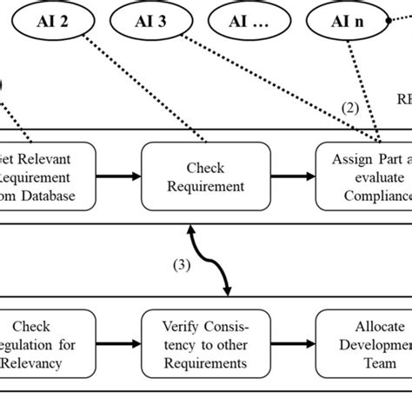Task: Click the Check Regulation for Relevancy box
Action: (x=43, y=344)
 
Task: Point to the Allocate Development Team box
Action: (x=365, y=344)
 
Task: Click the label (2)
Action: (x=349, y=109)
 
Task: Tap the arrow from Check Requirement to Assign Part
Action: (x=291, y=176)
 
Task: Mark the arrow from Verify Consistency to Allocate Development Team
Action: (x=291, y=344)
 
